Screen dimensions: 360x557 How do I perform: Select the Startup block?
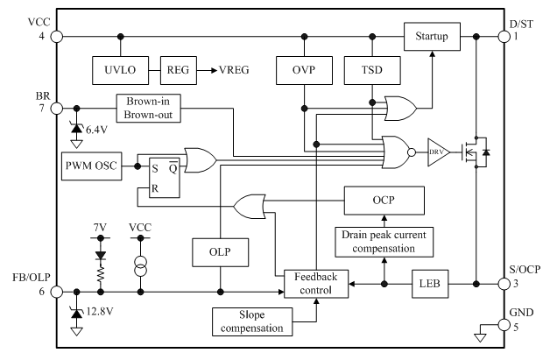pos(433,37)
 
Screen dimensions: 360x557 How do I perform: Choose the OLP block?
pos(220,252)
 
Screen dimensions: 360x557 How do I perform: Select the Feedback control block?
pos(315,283)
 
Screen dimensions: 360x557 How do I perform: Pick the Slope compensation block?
pos(251,321)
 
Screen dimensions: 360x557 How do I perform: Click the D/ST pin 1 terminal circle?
pos(504,37)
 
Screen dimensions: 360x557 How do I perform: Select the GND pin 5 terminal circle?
pos(504,323)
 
